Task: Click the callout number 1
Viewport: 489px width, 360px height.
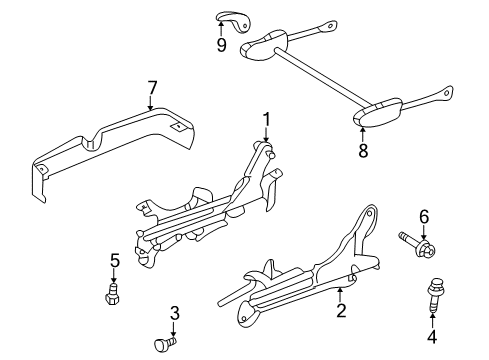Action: pyautogui.click(x=266, y=121)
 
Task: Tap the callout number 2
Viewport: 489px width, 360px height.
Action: pyautogui.click(x=342, y=312)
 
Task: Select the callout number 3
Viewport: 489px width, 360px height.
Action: pyautogui.click(x=175, y=315)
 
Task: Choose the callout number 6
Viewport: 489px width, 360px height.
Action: pyautogui.click(x=423, y=243)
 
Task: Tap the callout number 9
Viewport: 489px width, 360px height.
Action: pyautogui.click(x=221, y=45)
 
